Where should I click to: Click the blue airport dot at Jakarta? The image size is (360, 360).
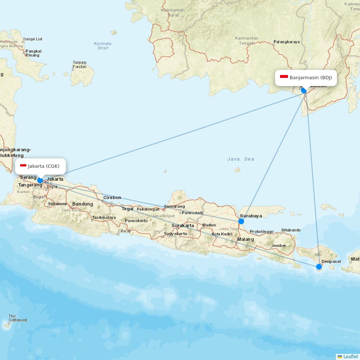point(40,180)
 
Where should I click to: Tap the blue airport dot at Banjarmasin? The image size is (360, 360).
point(304,90)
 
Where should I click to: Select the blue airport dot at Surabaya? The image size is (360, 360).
point(241,221)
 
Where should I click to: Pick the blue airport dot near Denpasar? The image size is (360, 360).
point(319,267)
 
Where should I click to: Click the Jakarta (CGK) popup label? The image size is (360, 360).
point(41,166)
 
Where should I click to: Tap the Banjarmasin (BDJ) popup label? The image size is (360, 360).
point(306,77)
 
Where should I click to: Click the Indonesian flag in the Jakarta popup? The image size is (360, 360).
point(23,166)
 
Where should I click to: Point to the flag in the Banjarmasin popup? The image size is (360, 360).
point(284,77)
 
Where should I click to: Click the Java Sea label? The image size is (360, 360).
point(241,159)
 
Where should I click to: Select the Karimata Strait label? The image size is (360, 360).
point(103,46)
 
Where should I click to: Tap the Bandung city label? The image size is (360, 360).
point(82,204)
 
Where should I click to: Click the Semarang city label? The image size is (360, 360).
point(174,206)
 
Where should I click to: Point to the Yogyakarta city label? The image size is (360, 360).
point(175,234)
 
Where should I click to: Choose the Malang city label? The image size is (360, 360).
point(245,239)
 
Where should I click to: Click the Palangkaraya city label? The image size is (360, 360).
point(287,42)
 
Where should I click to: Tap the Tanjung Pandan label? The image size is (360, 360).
point(79,64)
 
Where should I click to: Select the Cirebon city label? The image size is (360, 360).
point(112,198)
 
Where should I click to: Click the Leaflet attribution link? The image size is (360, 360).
point(350,356)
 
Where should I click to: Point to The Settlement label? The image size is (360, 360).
point(18,318)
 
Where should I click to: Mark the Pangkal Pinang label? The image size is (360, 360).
point(33,53)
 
